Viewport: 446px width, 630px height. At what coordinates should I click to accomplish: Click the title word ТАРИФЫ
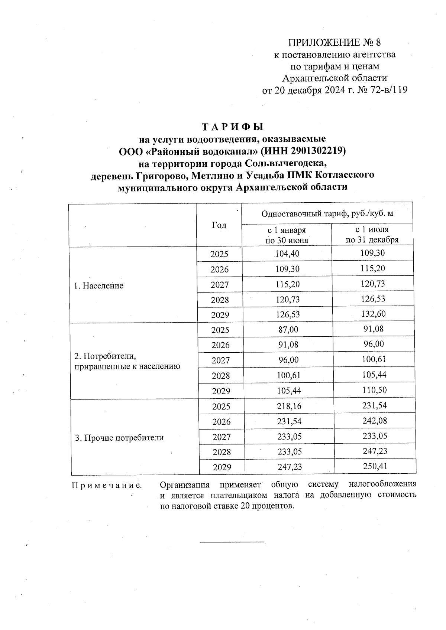[x=232, y=127]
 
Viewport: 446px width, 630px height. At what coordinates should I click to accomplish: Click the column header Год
[x=219, y=225]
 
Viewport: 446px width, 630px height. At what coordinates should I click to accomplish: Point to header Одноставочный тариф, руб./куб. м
[x=327, y=214]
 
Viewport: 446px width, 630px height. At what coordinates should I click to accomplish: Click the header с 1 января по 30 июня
[x=286, y=235]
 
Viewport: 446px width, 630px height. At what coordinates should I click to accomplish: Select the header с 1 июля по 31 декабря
[x=372, y=235]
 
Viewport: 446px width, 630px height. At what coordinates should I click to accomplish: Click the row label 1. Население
[x=98, y=286]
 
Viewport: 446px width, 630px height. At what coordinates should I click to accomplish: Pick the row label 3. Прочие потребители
[x=119, y=438]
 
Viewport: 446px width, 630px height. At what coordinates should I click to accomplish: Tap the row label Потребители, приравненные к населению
[x=127, y=361]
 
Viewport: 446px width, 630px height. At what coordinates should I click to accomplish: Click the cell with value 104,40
[x=287, y=254]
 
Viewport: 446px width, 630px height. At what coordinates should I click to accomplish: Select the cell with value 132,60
[x=374, y=314]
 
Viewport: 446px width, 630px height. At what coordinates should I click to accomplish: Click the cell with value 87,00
[x=288, y=330]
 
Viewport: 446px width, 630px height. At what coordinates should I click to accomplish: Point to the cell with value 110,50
[x=374, y=390]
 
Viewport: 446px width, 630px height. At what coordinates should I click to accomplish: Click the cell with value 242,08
[x=375, y=421]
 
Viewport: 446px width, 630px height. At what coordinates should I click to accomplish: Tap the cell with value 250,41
[x=375, y=466]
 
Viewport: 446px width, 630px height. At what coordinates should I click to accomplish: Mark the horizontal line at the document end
[x=232, y=542]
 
